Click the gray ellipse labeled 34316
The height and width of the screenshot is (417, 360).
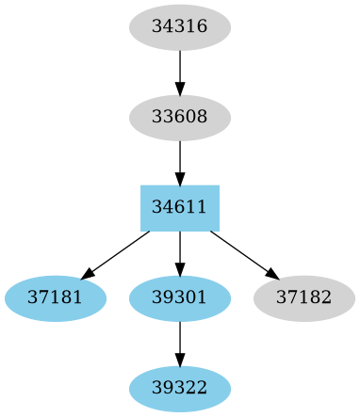(x=180, y=27)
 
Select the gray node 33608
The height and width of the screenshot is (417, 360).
(x=180, y=118)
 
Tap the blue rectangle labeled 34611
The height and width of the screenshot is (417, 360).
(x=180, y=208)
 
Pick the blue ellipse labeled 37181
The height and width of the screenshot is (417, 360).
(x=56, y=298)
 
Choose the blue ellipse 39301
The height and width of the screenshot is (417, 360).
(x=180, y=298)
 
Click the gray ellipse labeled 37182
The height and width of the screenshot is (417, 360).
(x=304, y=298)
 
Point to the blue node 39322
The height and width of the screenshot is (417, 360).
(x=180, y=389)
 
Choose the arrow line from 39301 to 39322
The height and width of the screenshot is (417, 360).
(x=180, y=340)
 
